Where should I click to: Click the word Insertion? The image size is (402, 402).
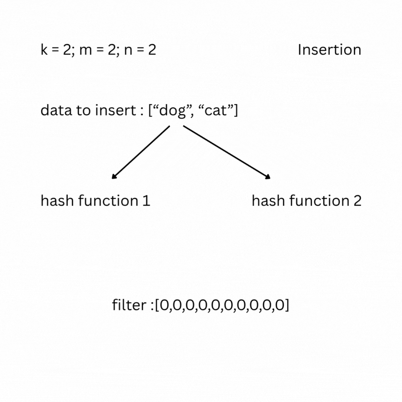pos(329,50)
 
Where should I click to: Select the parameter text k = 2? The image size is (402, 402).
pos(56,50)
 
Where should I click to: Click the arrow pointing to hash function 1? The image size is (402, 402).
pos(141,152)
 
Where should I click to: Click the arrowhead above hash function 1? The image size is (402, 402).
pos(114,176)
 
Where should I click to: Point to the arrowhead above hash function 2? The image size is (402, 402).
pos(268,176)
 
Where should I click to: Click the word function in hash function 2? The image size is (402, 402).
pos(319,201)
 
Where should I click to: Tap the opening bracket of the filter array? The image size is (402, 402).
pos(157,306)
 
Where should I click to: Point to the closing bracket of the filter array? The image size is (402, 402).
pos(287,306)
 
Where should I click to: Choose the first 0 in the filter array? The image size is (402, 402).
pos(164,306)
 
